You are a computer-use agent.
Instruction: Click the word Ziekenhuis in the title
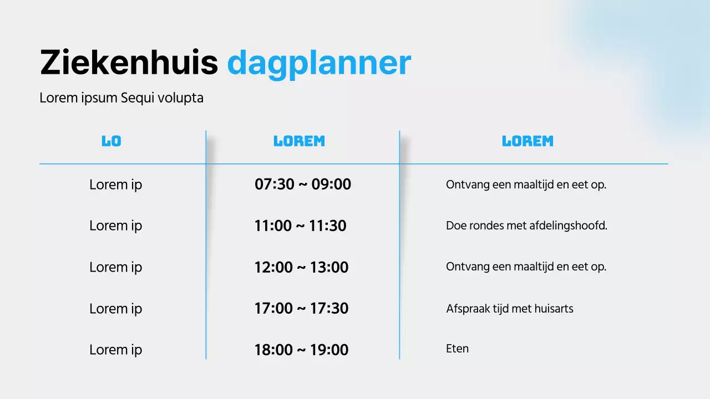129,63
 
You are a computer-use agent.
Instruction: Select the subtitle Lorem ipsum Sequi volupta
121,98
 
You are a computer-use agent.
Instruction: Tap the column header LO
111,141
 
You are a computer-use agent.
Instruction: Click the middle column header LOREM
300,141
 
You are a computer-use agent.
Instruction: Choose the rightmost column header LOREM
528,141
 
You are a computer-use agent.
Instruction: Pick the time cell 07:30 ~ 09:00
303,185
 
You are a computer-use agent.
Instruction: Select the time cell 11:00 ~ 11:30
301,226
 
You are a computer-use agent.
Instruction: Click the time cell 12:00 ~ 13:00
301,267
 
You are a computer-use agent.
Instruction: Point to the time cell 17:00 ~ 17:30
301,309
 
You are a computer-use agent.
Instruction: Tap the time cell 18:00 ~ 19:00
301,350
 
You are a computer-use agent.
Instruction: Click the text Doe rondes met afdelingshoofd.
526,226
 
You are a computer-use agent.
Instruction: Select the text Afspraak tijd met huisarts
509,309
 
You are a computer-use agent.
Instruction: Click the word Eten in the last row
457,349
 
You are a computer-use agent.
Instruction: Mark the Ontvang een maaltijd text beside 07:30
526,185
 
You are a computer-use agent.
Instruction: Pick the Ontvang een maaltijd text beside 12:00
526,267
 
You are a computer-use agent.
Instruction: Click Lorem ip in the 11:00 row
115,226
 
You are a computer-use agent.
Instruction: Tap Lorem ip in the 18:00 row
115,350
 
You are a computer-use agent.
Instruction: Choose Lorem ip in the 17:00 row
115,309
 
